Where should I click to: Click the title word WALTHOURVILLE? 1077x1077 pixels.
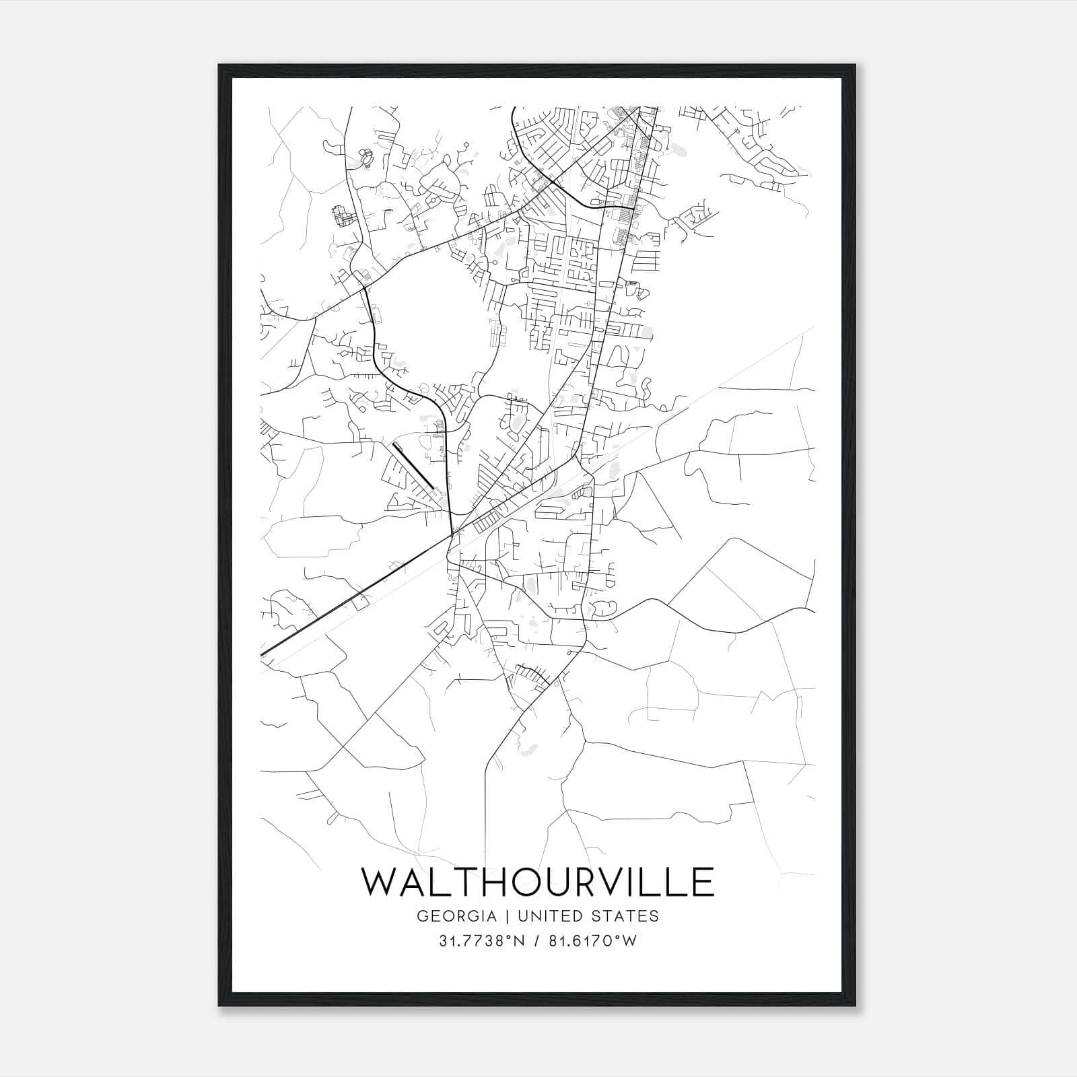[x=538, y=882]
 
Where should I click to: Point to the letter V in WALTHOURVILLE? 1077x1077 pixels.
[x=610, y=882]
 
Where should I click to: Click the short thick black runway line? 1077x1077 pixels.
[x=413, y=465]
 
